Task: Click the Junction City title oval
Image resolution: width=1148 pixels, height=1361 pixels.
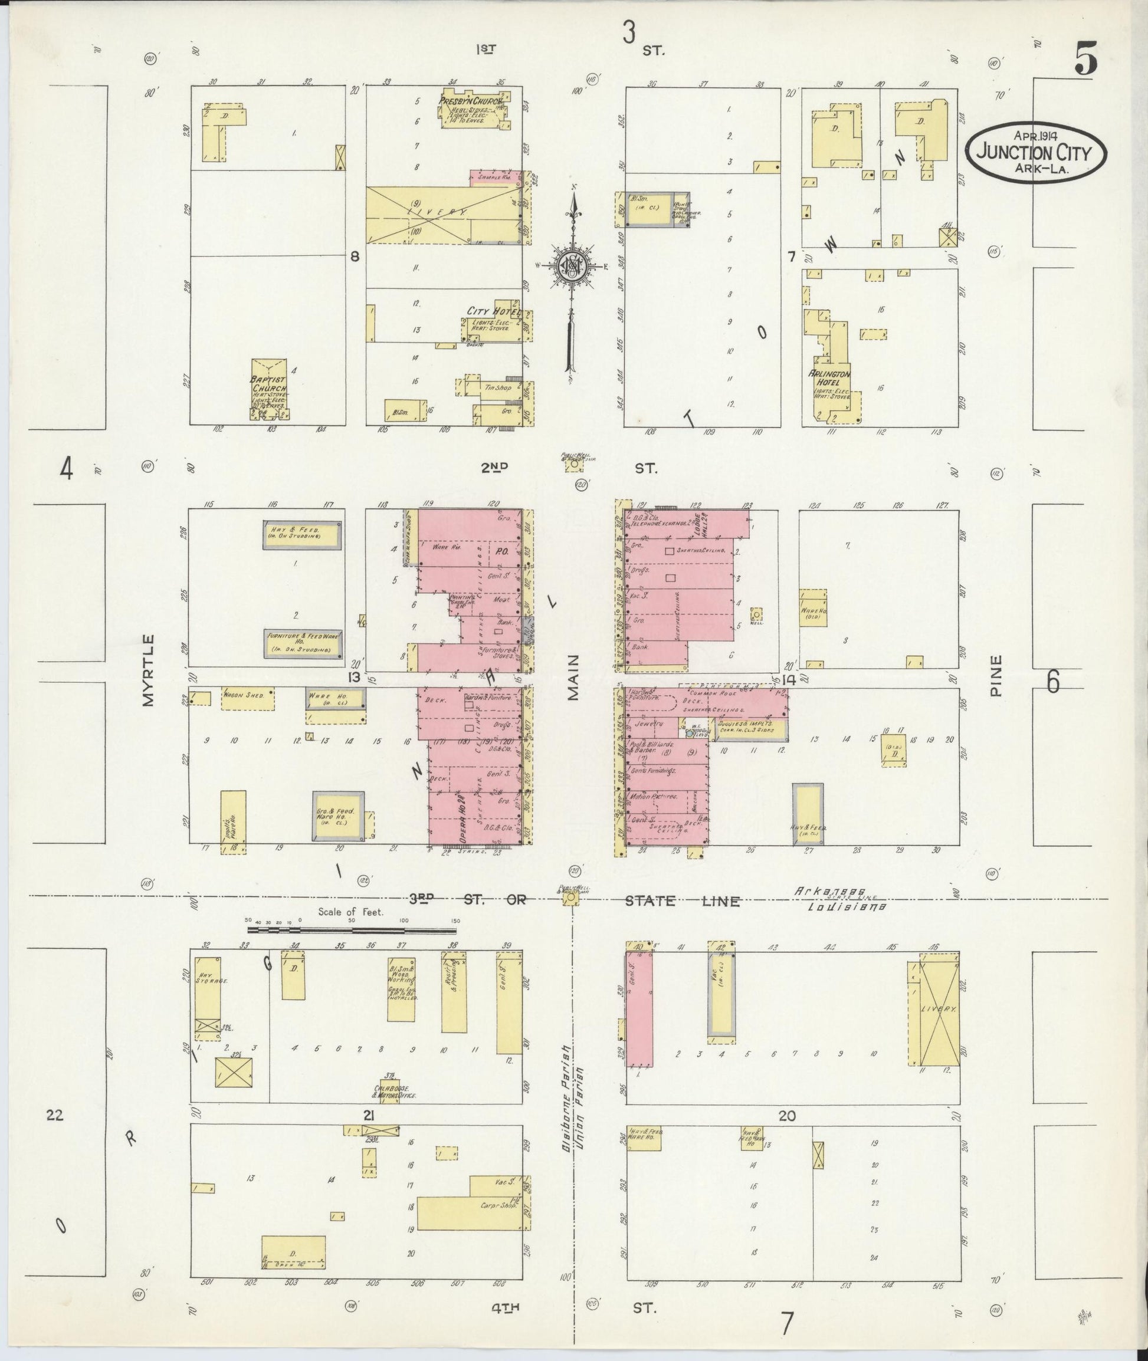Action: (x=1035, y=153)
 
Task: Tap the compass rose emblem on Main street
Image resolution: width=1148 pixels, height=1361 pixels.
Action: (x=570, y=265)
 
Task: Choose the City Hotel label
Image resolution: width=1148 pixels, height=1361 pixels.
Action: (x=493, y=311)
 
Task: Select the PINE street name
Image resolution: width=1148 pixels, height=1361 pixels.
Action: (x=995, y=676)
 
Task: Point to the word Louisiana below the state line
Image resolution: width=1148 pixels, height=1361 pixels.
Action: (x=846, y=906)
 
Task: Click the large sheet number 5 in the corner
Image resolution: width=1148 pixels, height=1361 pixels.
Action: (x=1085, y=57)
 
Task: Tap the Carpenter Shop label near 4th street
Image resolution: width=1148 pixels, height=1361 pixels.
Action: (x=498, y=1205)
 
